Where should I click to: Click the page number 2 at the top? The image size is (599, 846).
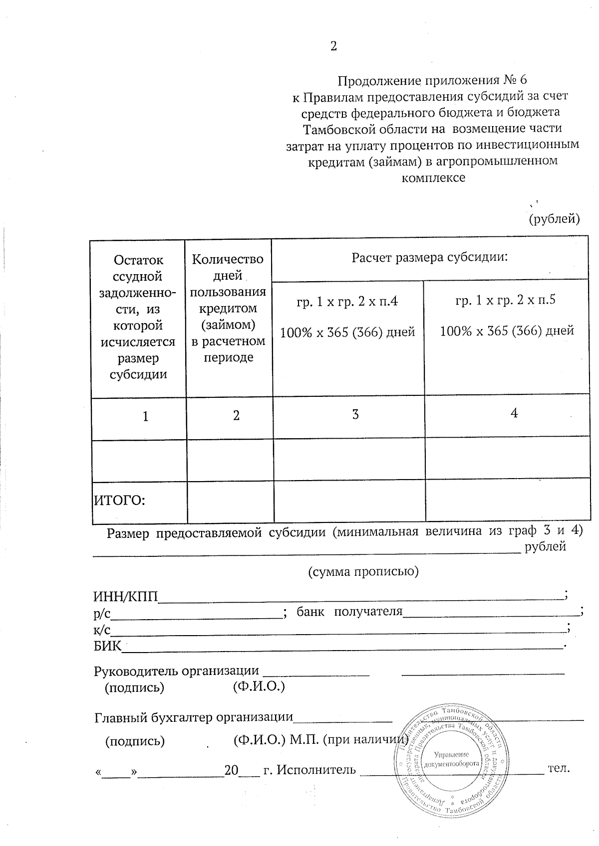point(333,46)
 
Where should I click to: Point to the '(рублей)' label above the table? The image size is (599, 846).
point(554,218)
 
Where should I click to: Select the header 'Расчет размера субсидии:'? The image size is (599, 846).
point(430,258)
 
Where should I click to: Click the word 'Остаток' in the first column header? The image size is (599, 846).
point(138,260)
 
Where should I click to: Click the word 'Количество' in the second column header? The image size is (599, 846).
point(228,259)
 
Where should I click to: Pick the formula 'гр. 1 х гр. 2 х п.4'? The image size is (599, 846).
point(347,301)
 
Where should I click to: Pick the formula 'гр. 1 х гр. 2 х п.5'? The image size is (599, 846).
point(506,300)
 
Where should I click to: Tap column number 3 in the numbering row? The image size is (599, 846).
point(355,414)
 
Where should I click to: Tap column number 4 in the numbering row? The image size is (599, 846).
point(514,413)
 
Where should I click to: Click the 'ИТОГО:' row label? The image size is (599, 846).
point(120,500)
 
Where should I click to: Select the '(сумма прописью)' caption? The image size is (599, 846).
point(363,571)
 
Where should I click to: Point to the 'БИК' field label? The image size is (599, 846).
point(107,646)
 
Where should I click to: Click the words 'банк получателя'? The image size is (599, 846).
point(349,611)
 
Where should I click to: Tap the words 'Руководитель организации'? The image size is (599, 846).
point(177,671)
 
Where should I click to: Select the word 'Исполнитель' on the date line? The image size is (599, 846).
point(316,770)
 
